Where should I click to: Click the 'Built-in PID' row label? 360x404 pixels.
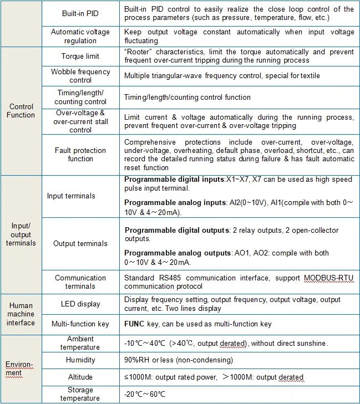click(80, 13)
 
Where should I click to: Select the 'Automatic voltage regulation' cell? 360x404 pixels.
click(80, 36)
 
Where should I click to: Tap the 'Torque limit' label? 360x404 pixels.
click(80, 57)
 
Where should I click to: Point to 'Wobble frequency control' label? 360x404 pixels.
click(80, 76)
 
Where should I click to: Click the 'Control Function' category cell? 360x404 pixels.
click(22, 111)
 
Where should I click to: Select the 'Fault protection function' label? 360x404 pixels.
click(80, 155)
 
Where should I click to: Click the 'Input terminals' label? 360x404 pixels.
click(71, 196)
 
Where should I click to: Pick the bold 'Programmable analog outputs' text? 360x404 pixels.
click(178, 253)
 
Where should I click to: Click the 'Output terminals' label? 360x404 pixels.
click(80, 243)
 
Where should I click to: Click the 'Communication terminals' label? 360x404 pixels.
click(80, 282)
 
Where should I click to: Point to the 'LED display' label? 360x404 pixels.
click(80, 304)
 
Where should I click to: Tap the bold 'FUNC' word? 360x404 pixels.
click(135, 324)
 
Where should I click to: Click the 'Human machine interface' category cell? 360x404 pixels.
click(21, 314)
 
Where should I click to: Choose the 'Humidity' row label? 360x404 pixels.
click(80, 360)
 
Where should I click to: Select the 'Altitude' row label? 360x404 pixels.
click(80, 377)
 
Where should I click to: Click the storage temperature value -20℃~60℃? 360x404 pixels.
click(145, 394)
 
